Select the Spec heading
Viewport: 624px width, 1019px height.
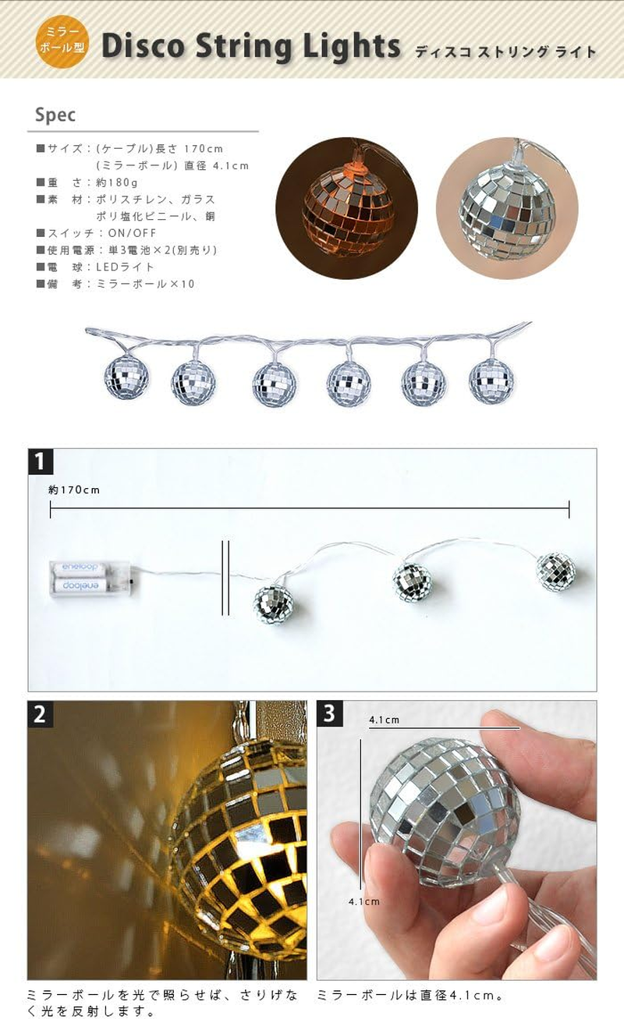(55, 115)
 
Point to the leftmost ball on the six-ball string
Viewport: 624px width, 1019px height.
(126, 377)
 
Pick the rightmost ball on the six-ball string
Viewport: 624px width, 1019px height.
(491, 381)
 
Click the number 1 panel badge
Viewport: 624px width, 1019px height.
(41, 462)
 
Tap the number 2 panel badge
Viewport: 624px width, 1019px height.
(41, 713)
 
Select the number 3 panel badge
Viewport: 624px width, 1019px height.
(329, 713)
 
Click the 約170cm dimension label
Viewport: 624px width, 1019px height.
(74, 490)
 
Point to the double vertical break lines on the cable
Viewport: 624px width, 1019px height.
(225, 578)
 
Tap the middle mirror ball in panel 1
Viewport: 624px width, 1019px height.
(412, 581)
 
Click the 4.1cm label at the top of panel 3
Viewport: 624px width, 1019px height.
(384, 720)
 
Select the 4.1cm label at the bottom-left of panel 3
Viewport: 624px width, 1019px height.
(364, 901)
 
